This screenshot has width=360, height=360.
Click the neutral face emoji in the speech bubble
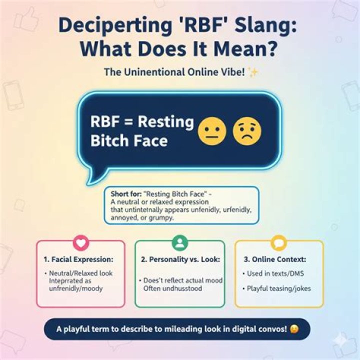(x=212, y=131)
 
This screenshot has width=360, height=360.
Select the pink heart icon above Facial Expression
(x=80, y=243)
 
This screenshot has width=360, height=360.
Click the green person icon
(x=179, y=243)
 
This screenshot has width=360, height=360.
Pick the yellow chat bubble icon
(x=278, y=243)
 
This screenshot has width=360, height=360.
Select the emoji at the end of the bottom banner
(x=294, y=329)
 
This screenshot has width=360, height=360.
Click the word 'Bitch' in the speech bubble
(x=108, y=141)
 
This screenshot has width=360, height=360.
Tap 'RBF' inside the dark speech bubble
(x=105, y=122)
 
